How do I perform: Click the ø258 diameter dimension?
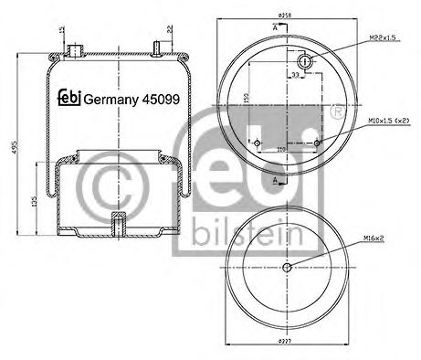285,16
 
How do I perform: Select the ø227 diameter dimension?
287,344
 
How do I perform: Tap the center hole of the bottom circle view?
287,267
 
